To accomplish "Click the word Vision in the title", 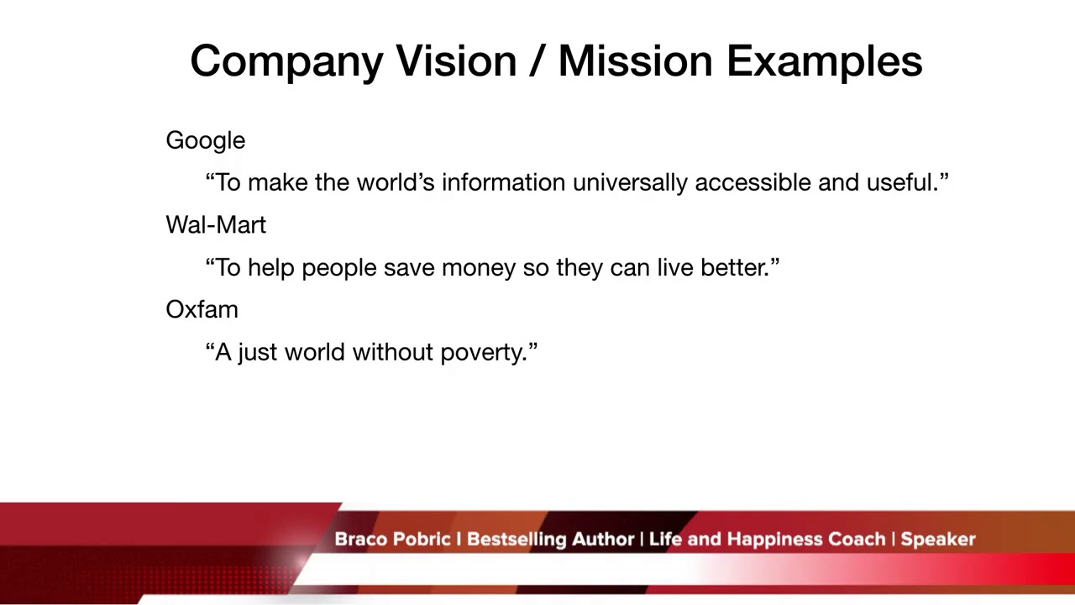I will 455,61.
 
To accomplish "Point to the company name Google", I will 205,141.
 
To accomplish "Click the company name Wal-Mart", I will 216,225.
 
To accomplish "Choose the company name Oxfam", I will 202,309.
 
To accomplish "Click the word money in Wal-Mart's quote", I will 478,268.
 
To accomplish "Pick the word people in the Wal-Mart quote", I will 338,268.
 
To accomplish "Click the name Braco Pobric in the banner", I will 392,539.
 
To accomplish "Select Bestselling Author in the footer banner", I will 550,539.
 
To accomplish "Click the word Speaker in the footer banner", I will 938,539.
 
